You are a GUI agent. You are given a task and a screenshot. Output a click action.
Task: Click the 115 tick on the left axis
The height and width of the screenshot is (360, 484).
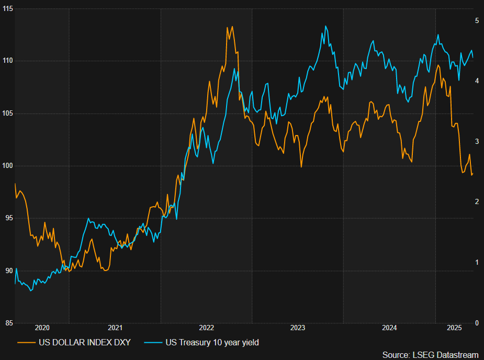coord(7,9)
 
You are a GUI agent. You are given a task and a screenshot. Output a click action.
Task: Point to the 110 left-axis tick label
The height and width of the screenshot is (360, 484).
coord(7,61)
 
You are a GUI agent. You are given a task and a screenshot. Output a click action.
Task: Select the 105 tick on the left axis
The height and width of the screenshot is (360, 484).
coord(7,114)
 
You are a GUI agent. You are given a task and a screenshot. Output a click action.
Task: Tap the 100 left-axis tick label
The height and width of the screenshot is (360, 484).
coord(7,166)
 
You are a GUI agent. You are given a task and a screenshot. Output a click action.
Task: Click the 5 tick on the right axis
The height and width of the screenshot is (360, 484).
coord(477,20)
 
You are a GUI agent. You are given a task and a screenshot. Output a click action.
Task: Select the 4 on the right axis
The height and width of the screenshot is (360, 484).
coord(477,81)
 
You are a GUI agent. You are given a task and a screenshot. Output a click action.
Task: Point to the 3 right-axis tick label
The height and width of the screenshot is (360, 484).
coord(477,141)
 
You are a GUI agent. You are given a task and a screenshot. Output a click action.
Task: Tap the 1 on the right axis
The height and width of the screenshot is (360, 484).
coord(477,262)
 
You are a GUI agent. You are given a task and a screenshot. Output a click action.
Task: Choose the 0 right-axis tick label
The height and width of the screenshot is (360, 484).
coord(477,323)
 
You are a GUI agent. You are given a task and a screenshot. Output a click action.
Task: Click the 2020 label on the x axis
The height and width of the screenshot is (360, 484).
coord(42,328)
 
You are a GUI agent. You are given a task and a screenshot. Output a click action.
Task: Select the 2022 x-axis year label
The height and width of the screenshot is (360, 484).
coord(206,328)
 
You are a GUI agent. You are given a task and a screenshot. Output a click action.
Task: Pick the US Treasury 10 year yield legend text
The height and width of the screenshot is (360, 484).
coord(212,343)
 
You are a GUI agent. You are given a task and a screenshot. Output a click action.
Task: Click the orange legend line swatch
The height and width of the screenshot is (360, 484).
coord(26,343)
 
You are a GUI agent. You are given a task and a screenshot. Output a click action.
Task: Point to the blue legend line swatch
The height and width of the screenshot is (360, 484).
coord(152,343)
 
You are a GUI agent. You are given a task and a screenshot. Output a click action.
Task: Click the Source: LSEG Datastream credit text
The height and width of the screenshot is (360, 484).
coord(430,355)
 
